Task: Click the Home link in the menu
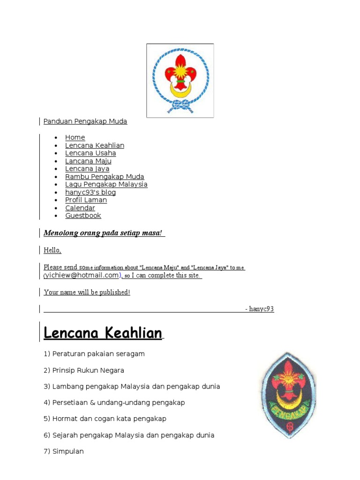(x=75, y=137)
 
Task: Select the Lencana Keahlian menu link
(x=95, y=145)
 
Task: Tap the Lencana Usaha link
(x=90, y=153)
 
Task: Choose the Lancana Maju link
(x=88, y=161)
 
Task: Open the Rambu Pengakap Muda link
(x=105, y=177)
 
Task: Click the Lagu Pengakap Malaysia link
(x=106, y=185)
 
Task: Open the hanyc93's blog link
(x=90, y=192)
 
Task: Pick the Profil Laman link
(x=86, y=200)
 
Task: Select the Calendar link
(x=80, y=208)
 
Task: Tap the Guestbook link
(x=83, y=216)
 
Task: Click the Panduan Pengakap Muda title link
(x=85, y=121)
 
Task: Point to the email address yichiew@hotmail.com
(x=82, y=275)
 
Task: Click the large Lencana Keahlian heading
(x=103, y=333)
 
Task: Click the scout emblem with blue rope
(x=180, y=80)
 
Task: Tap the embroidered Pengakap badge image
(x=287, y=395)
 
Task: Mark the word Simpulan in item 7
(x=68, y=451)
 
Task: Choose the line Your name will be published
(x=87, y=292)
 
